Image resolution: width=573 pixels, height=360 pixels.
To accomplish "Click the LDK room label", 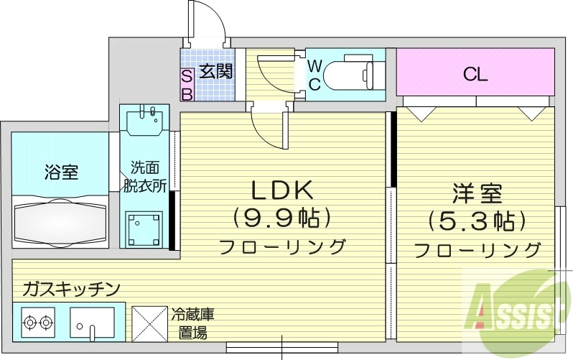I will [281, 190].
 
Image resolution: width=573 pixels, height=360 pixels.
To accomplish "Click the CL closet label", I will [475, 74].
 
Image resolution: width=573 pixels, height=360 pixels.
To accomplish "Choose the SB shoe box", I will [186, 84].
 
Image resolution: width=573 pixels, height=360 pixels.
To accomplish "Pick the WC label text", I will [315, 75].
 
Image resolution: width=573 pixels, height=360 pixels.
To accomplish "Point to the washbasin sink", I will [146, 121].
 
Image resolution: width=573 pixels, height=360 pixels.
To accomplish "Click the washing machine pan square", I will [146, 229].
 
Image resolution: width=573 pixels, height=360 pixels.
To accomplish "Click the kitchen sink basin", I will [92, 322].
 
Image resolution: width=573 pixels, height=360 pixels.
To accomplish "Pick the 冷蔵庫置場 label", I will [192, 323].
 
